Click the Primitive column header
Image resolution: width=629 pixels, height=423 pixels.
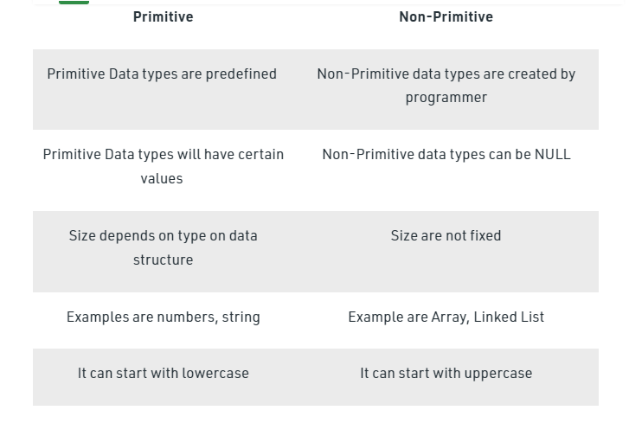point(163,16)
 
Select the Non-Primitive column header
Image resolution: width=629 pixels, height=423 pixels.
point(446,16)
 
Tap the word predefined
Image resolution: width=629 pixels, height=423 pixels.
point(239,74)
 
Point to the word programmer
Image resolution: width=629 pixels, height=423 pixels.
point(446,97)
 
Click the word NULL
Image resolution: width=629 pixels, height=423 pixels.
point(551,155)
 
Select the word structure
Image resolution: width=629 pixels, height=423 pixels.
point(163,260)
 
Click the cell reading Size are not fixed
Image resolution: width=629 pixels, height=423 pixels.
point(446,235)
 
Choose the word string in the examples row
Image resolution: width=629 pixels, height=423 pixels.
point(240,317)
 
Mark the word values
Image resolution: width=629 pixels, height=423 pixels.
point(163,178)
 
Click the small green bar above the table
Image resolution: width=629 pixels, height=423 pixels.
point(74,2)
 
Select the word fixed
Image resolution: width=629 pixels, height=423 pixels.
point(483,235)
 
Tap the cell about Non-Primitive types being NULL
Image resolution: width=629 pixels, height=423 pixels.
point(446,155)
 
